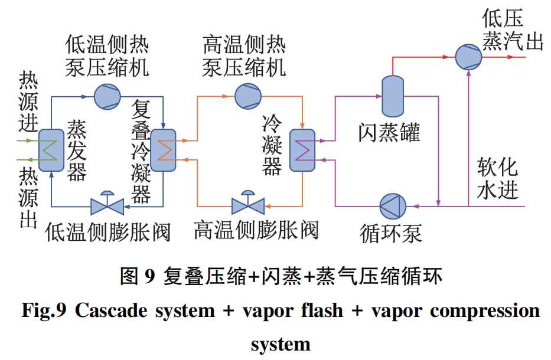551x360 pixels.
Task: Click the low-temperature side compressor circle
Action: point(107,97)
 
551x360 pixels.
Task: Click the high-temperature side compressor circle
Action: point(248,96)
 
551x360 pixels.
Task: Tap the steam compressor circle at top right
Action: point(468,57)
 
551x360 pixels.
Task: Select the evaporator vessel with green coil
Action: point(51,150)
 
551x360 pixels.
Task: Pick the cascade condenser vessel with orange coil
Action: point(163,150)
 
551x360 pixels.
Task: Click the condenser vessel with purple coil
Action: point(302,150)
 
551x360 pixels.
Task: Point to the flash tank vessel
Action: point(393,96)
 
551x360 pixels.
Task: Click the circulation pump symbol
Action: point(393,207)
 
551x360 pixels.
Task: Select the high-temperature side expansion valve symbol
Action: point(248,203)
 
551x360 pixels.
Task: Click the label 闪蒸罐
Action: point(389,133)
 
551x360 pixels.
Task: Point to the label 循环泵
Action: point(391,233)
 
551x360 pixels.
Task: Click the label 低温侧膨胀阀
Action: point(108,232)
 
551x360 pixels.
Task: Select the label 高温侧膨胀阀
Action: point(256,230)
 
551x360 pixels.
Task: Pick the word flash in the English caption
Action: point(322,310)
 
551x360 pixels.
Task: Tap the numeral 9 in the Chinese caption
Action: point(149,276)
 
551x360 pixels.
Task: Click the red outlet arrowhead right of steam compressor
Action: point(511,57)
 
